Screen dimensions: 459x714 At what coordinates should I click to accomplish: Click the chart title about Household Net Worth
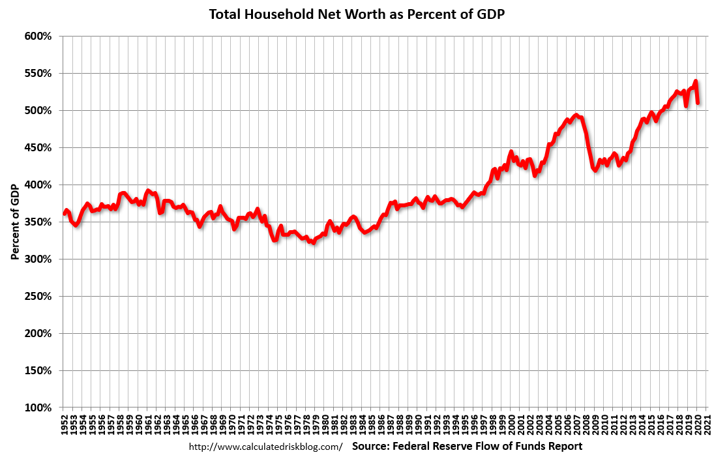357,14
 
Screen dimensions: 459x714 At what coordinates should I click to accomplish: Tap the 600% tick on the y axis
38,37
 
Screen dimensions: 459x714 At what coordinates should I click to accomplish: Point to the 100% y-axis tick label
38,408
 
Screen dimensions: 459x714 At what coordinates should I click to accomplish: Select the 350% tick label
38,222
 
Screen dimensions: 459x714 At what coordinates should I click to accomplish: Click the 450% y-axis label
38,148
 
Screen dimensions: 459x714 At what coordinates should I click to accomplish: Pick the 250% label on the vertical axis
38,297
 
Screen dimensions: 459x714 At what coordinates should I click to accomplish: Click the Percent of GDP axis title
14,222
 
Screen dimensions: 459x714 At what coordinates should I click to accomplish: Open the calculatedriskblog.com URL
265,447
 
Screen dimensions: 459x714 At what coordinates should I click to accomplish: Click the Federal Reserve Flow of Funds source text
467,447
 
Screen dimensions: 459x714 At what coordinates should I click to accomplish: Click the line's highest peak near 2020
696,81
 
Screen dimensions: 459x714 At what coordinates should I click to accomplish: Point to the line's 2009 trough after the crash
595,171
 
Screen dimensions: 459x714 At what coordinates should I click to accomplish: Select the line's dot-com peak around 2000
511,152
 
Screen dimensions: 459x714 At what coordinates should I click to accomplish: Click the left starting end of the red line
64,213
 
